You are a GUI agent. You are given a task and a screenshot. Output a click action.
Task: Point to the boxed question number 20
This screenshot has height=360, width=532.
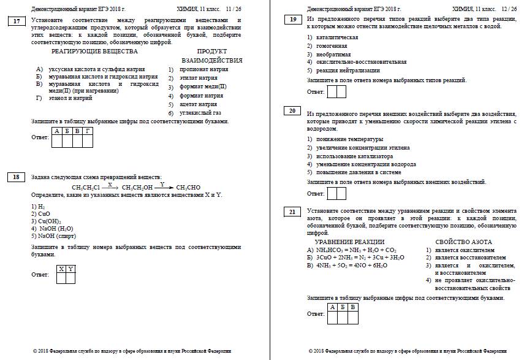pyautogui.click(x=292, y=111)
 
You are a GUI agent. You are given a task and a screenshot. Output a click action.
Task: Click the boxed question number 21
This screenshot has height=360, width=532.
pyautogui.click(x=292, y=212)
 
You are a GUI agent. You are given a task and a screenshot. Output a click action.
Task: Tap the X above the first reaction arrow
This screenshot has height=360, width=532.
pyautogui.click(x=110, y=184)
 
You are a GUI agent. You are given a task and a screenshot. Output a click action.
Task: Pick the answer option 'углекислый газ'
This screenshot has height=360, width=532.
pyautogui.click(x=200, y=113)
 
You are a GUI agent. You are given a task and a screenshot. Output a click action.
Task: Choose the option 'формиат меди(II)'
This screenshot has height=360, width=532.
pyautogui.click(x=203, y=87)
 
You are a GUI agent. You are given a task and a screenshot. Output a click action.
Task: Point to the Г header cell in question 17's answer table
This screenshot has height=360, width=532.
pyautogui.click(x=87, y=131)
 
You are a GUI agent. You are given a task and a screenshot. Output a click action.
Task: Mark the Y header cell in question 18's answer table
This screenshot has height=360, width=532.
pyautogui.click(x=70, y=269)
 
